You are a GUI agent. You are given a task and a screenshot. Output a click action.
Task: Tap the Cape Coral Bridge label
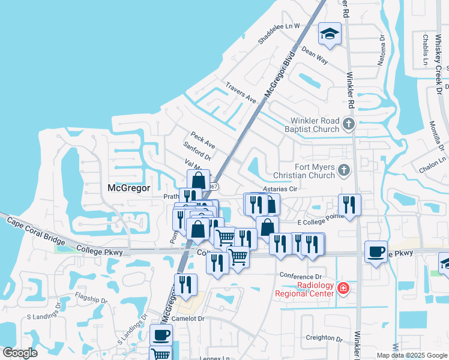pos(37,231)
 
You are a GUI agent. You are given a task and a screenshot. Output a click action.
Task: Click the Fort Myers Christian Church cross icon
pos(343,170)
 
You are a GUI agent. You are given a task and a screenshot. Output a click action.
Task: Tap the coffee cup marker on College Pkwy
pos(376,251)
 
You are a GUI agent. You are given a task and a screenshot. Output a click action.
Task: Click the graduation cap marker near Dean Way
pos(329,34)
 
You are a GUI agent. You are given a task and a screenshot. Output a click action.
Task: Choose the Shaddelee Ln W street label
pos(279,34)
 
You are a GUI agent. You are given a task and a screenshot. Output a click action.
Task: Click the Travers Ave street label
pos(241,92)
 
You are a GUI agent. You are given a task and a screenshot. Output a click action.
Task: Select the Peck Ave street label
pos(202,141)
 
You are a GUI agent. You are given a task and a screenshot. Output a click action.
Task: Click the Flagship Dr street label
pos(92,297)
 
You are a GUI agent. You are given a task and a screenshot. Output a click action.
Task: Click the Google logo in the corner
pos(19,353)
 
